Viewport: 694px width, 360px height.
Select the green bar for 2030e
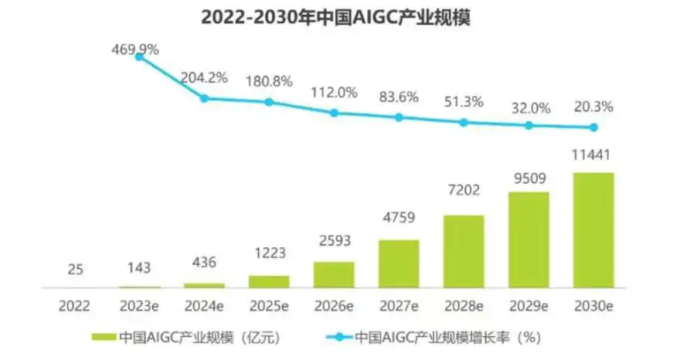594,229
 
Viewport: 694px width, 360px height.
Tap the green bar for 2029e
529,239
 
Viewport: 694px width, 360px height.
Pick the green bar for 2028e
464,251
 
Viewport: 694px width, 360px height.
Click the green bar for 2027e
399,263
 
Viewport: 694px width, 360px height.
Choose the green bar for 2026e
334,274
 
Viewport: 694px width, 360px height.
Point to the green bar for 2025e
269,281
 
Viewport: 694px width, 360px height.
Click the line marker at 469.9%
139,56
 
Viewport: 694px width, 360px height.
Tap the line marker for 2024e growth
204,98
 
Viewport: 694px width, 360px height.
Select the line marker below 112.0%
334,113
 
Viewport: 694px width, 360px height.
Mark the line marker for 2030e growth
594,127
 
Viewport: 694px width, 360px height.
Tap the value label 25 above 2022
74,270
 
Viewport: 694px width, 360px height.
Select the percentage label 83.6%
399,97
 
